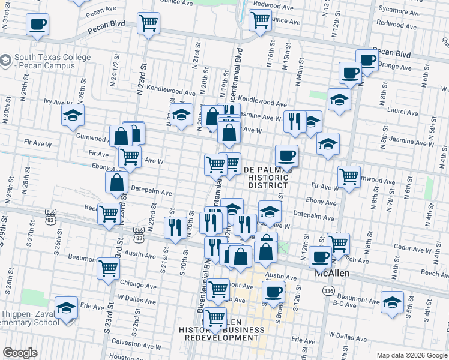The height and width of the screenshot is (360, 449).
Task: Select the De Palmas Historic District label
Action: pos(268,177)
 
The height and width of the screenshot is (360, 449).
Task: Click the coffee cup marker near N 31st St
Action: pos(37,25)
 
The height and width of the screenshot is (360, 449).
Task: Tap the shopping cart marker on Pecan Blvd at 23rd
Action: pos(148,23)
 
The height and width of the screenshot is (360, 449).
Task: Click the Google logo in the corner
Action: pos(20,352)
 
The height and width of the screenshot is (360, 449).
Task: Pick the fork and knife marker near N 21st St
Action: pos(175,227)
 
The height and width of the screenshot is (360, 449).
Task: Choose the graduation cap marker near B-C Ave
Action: pos(392,303)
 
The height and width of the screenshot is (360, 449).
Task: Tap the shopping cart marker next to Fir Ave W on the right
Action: pos(349,176)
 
